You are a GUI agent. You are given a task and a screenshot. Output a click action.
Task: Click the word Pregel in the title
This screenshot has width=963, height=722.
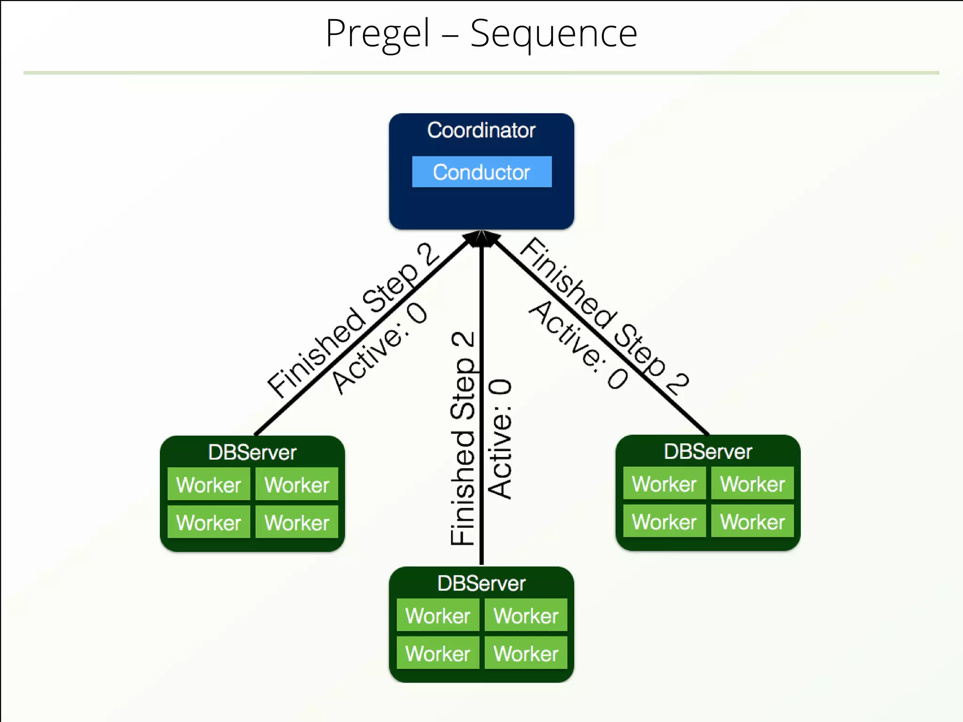(x=378, y=34)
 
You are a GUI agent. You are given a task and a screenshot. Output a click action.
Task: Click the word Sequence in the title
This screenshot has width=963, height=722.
(x=553, y=34)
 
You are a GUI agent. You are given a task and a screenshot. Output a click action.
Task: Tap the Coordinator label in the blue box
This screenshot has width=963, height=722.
(x=481, y=130)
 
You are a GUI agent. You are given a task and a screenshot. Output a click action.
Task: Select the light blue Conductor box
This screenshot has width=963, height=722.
(x=481, y=172)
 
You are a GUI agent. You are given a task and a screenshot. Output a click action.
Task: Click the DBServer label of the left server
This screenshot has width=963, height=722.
(x=252, y=452)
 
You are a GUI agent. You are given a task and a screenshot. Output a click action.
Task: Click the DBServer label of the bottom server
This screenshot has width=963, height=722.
(x=481, y=583)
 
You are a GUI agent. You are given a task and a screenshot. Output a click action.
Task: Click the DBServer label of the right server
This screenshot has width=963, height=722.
(x=708, y=451)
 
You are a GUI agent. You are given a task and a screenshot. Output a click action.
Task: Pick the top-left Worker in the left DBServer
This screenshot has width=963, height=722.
(x=209, y=485)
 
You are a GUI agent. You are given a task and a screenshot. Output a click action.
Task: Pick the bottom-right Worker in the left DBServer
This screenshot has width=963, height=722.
(x=297, y=522)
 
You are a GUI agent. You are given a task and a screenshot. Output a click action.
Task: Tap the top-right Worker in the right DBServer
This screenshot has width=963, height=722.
(x=752, y=484)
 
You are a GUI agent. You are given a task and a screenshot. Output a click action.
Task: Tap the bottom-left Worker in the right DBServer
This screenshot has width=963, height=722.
(x=664, y=521)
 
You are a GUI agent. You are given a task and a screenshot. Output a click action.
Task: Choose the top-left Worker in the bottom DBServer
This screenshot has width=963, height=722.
(x=438, y=615)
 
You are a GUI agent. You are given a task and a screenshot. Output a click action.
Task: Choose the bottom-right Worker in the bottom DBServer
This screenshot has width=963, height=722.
(x=526, y=653)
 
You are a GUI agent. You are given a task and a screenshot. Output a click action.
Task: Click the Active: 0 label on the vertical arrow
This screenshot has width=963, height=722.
(x=500, y=438)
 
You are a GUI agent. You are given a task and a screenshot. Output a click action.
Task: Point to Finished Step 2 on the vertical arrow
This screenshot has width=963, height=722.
(x=463, y=438)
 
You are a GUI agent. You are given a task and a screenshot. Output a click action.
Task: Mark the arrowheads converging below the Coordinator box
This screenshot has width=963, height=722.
(x=481, y=239)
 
